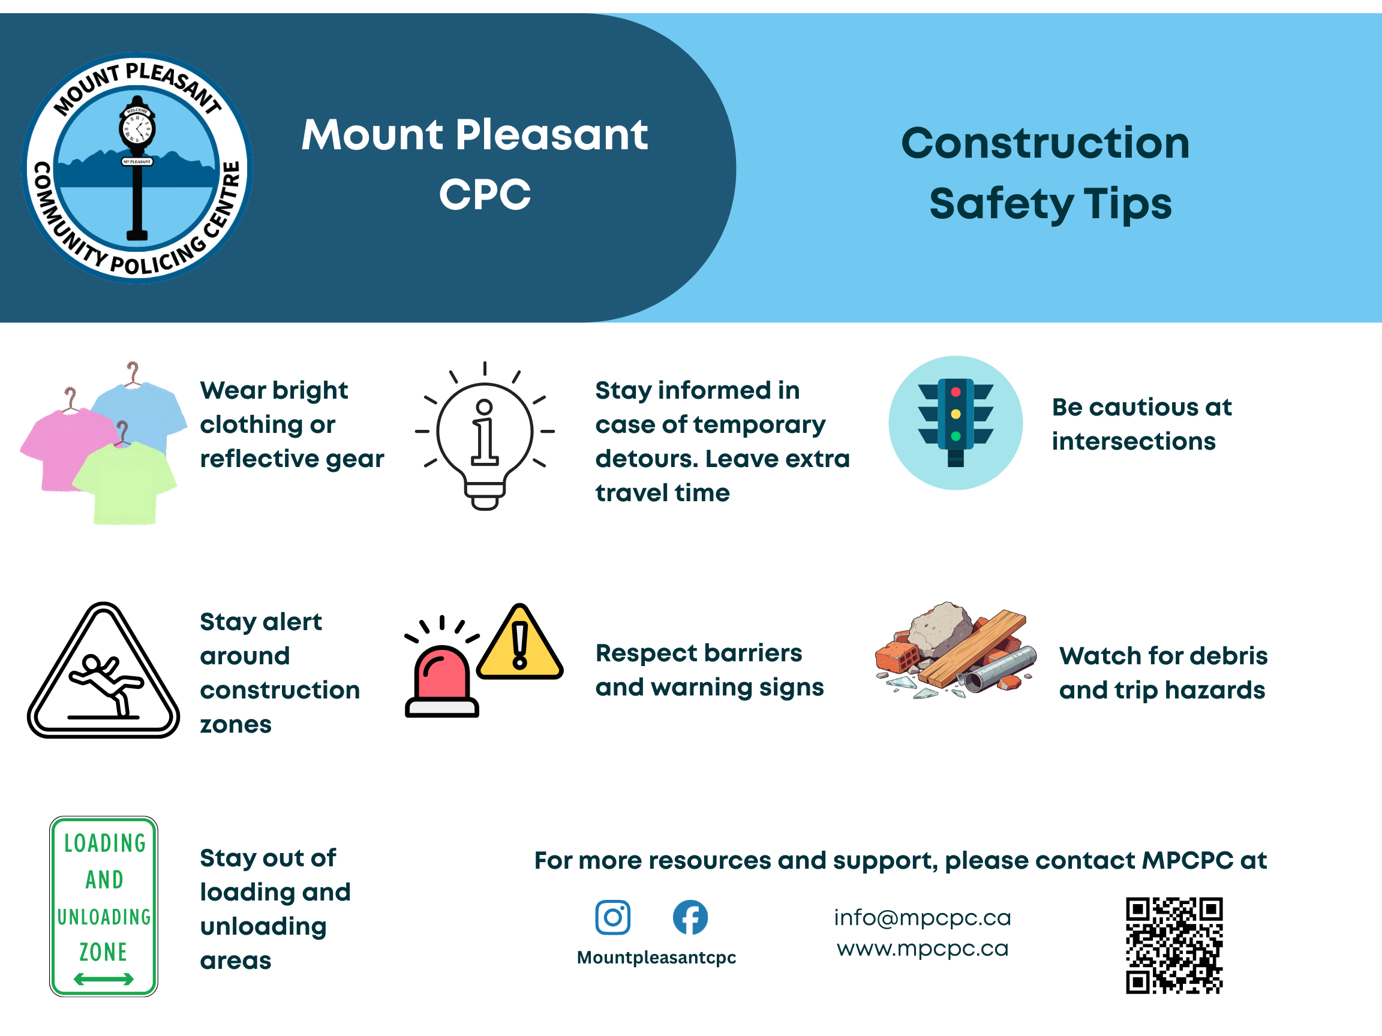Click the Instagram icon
pos(612,917)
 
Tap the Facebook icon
pos(690,917)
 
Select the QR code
pos(1173,945)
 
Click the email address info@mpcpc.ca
pos(922,917)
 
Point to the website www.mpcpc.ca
pos(922,948)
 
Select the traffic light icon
pos(956,423)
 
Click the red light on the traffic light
pos(956,392)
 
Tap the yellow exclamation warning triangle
pos(520,646)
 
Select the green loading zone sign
pos(104,905)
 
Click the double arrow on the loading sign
pos(104,978)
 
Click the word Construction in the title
pos(1045,144)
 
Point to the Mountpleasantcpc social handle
pos(656,957)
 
